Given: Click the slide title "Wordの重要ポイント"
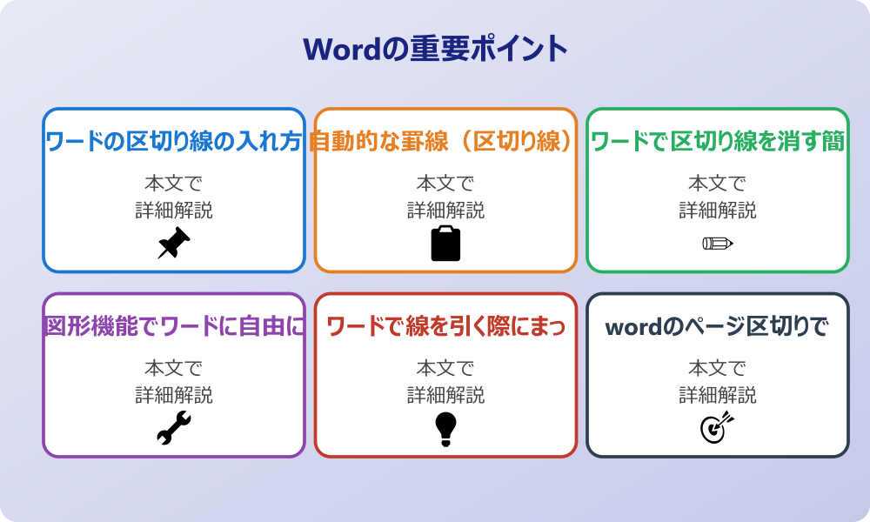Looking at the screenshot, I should (435, 49).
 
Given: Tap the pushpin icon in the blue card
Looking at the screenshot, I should (174, 244).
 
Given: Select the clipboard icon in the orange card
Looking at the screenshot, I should (445, 244).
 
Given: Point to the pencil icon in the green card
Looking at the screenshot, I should (718, 243).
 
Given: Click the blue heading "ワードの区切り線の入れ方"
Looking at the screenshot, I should (174, 142).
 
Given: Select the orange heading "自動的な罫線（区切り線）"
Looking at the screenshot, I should (444, 142).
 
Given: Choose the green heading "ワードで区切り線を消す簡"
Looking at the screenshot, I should (718, 142).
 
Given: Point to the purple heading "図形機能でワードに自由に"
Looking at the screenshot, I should (174, 327).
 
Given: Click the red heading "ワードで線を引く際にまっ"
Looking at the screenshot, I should (445, 327).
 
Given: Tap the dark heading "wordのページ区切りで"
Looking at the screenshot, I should (718, 327).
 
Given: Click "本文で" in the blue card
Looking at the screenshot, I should (174, 184).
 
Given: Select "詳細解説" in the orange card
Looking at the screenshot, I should (445, 211).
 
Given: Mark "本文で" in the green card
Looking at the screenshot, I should (718, 184).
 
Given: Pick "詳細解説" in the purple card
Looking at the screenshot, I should (174, 396).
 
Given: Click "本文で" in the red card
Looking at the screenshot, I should (445, 369).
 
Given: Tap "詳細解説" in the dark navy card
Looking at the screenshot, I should (718, 396).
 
